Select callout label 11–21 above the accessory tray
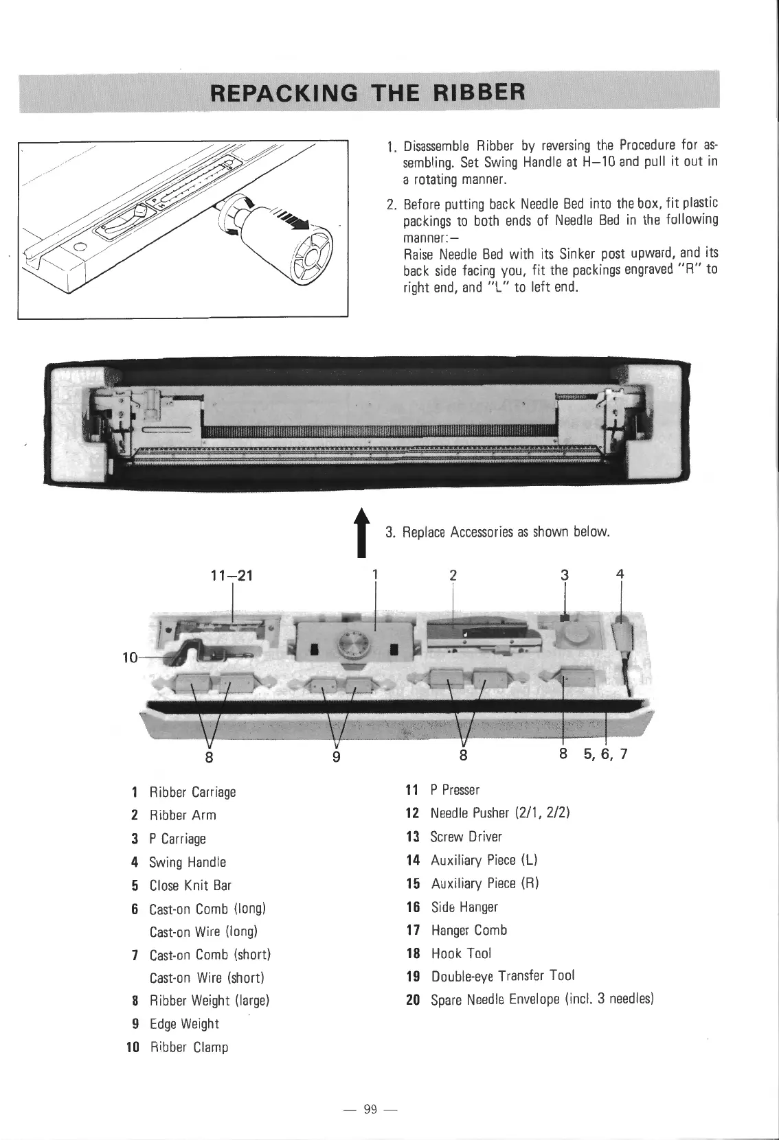234,576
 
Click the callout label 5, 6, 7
605,756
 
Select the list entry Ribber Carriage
192,792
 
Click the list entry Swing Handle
188,862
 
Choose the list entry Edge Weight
184,1024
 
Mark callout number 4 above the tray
620,575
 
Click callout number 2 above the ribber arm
452,575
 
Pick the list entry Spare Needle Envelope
541,999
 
